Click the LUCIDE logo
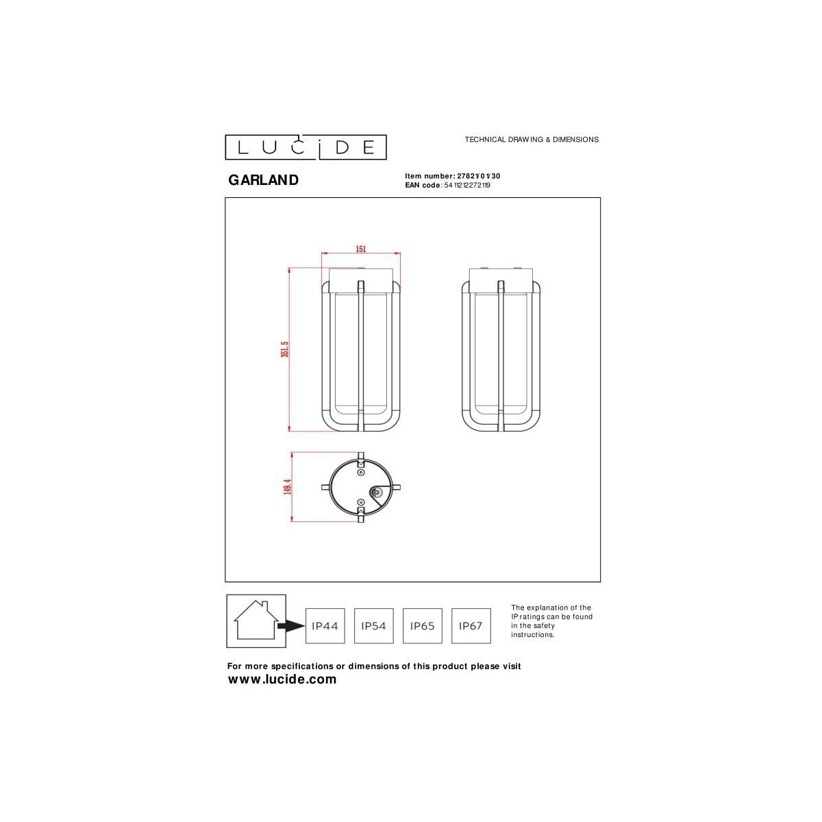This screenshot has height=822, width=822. tap(306, 147)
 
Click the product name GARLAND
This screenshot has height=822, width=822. tap(263, 180)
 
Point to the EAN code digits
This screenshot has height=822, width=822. tap(467, 185)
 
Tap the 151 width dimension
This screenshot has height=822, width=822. tap(360, 249)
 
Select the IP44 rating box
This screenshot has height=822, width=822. tap(325, 625)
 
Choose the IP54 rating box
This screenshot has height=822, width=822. tap(373, 625)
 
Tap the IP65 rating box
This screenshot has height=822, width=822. tap(422, 625)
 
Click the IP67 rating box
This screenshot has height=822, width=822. tap(471, 625)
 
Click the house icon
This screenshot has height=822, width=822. tap(256, 620)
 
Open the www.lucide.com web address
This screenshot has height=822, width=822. tap(282, 680)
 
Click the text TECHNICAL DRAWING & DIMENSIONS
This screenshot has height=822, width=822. tap(532, 139)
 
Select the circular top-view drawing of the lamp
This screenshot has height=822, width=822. tap(361, 488)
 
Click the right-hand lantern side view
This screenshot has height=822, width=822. tap(501, 349)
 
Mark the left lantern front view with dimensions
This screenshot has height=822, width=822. tap(361, 349)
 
